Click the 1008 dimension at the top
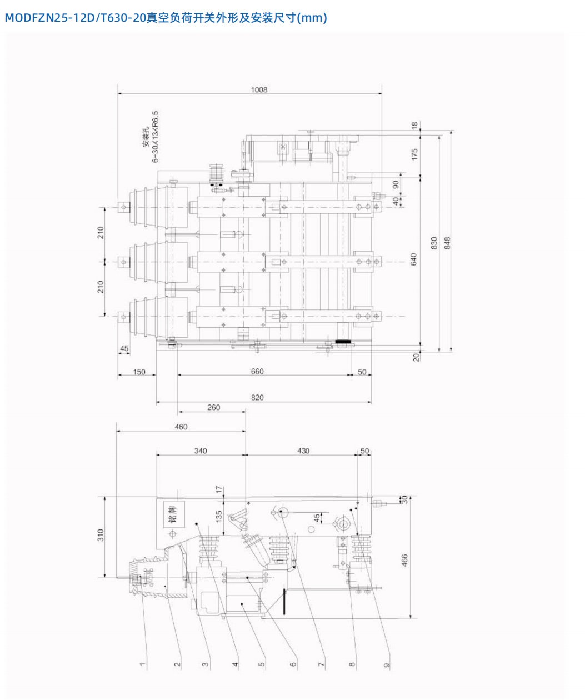(x=259, y=89)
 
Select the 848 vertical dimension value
(x=447, y=243)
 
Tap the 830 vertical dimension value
(x=434, y=243)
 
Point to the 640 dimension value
(x=414, y=259)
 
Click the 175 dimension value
(x=414, y=154)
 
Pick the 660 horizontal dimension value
(x=257, y=371)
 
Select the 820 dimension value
(x=257, y=397)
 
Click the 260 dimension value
(x=213, y=407)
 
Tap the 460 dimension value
(x=181, y=427)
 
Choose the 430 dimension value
(x=303, y=451)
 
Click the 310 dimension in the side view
(x=101, y=535)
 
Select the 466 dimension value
(x=405, y=560)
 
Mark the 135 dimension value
(x=219, y=517)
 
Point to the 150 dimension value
(x=139, y=372)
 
